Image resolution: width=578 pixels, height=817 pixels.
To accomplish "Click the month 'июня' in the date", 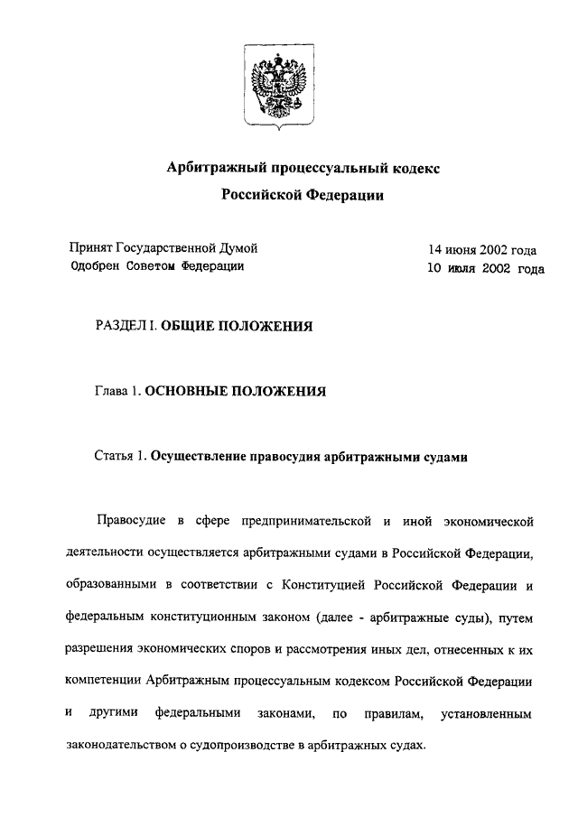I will click(465, 250).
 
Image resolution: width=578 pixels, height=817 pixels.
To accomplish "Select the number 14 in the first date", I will click(436, 250).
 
